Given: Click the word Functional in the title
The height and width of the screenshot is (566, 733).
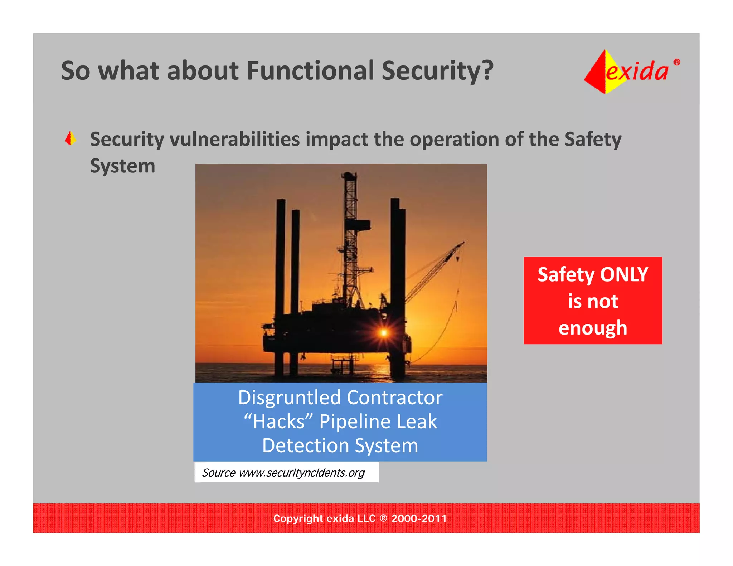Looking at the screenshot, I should pyautogui.click(x=310, y=70).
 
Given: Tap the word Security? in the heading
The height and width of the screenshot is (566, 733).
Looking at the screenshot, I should pyautogui.click(x=437, y=70).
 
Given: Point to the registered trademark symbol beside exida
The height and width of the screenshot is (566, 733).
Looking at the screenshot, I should pyautogui.click(x=676, y=62).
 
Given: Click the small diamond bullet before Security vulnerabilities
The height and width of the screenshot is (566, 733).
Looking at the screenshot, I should pyautogui.click(x=71, y=138).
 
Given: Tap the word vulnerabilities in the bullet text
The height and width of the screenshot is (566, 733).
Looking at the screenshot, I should pyautogui.click(x=234, y=139).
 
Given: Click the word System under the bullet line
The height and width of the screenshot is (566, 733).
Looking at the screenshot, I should pyautogui.click(x=122, y=166).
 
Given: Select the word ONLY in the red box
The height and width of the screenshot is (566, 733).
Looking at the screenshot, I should pyautogui.click(x=624, y=275).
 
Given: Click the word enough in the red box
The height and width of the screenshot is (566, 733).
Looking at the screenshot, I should pyautogui.click(x=593, y=328).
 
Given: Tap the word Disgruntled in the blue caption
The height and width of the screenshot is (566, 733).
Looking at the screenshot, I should pyautogui.click(x=289, y=397).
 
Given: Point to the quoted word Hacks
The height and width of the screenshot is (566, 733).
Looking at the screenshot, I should pyautogui.click(x=278, y=421).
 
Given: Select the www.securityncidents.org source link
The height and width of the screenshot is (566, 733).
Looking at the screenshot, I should pyautogui.click(x=302, y=473).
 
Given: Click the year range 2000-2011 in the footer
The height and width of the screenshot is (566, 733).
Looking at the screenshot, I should pyautogui.click(x=419, y=518).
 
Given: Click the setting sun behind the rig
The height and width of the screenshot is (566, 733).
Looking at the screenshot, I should pyautogui.click(x=384, y=333).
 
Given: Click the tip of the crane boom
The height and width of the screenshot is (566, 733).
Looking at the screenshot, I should pyautogui.click(x=463, y=243).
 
